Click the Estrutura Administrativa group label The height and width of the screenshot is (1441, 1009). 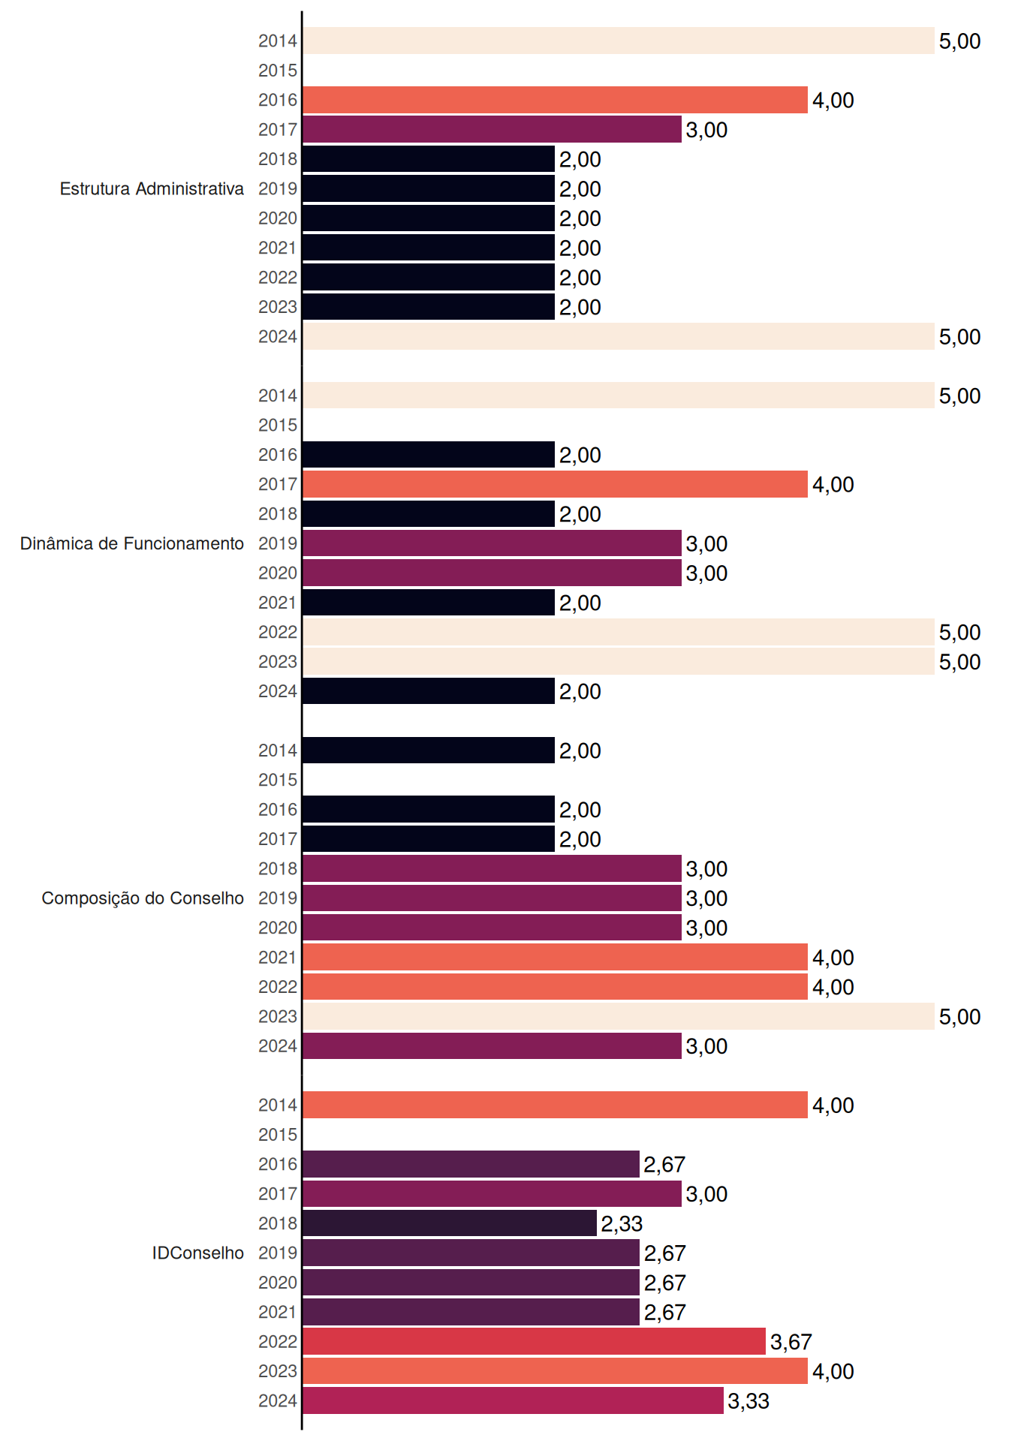(x=152, y=188)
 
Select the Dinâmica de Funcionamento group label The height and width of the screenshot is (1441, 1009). (x=132, y=543)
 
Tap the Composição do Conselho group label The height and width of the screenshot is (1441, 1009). (x=143, y=898)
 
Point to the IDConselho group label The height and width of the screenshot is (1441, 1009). (x=198, y=1253)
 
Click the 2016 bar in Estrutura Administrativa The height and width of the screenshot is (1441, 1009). (x=555, y=100)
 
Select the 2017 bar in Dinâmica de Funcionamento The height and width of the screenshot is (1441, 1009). (x=555, y=484)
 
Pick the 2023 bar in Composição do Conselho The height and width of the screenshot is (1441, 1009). (x=619, y=1016)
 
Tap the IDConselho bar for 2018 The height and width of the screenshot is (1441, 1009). (x=450, y=1223)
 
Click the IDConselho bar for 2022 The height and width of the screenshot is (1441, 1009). (x=534, y=1341)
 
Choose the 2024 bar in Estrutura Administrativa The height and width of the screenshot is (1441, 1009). (x=619, y=336)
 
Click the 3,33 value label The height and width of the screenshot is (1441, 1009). (x=748, y=1401)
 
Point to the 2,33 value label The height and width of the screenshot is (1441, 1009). (x=622, y=1224)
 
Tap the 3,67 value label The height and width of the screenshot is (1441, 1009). (x=791, y=1342)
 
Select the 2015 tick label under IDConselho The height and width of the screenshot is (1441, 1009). (x=278, y=1135)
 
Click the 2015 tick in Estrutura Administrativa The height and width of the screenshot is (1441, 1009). (x=278, y=71)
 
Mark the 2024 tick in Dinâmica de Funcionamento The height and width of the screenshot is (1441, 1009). (x=278, y=691)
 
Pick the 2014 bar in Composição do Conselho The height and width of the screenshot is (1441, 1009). (x=429, y=751)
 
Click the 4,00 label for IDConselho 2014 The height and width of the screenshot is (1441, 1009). (x=833, y=1106)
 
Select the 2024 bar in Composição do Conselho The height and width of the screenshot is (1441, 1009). (x=492, y=1046)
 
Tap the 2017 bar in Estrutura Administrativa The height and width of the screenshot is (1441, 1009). (x=492, y=129)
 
